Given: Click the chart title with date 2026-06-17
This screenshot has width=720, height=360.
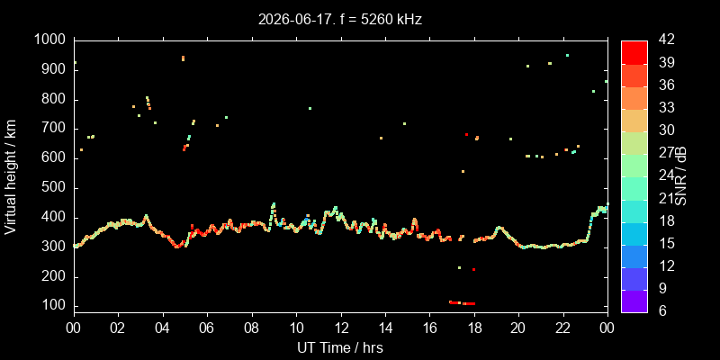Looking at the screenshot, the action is point(340,20).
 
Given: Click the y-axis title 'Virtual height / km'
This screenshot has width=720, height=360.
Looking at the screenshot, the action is point(10,176).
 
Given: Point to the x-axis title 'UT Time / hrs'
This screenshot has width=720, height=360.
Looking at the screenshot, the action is point(340,347).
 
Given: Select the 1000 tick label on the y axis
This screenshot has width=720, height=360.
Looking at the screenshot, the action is point(51,40).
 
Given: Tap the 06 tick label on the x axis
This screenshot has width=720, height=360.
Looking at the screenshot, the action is point(208,328).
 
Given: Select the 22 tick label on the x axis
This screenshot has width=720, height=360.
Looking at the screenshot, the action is point(563,328).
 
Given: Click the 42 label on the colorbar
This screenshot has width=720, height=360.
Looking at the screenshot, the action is point(667,40).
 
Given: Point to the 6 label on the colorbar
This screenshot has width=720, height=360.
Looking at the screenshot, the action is point(663,310).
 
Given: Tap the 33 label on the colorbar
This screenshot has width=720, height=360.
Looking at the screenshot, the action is point(667,107).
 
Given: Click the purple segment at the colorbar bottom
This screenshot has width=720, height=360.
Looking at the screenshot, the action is point(634,301).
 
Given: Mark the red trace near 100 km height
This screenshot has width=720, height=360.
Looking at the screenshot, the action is point(462,303).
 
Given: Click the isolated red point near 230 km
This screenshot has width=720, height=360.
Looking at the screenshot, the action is point(473,269).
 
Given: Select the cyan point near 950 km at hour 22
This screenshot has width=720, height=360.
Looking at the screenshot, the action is point(567,55).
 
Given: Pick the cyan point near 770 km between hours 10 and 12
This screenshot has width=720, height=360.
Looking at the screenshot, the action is point(310,108).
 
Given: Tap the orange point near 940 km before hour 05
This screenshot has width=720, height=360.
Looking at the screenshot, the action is point(183,58).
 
